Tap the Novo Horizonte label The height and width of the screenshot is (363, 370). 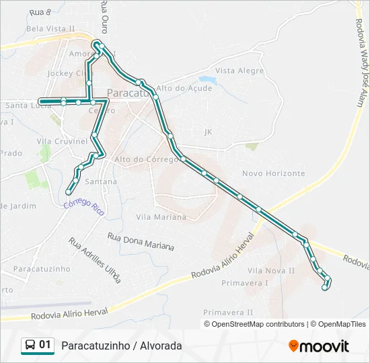point(273,173)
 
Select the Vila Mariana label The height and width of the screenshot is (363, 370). point(161,217)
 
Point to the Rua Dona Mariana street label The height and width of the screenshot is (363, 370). point(141,241)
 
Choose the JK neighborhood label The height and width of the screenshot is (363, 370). point(208,132)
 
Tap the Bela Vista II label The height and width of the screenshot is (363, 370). point(50,29)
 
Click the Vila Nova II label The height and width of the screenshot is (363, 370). point(271,270)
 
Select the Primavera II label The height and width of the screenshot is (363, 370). point(228,313)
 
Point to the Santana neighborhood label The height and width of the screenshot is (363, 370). point(101,182)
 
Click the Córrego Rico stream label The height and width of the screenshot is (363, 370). point(84,206)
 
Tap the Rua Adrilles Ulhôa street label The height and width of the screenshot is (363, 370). point(94,259)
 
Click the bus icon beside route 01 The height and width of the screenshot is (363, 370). point(30,346)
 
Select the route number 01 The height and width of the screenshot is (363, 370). point(45,346)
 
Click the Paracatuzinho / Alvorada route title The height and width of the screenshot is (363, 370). point(121,346)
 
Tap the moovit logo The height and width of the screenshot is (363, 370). point(319,346)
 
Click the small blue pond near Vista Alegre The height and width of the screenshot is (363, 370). point(207,81)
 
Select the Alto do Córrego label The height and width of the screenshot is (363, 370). point(141,159)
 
